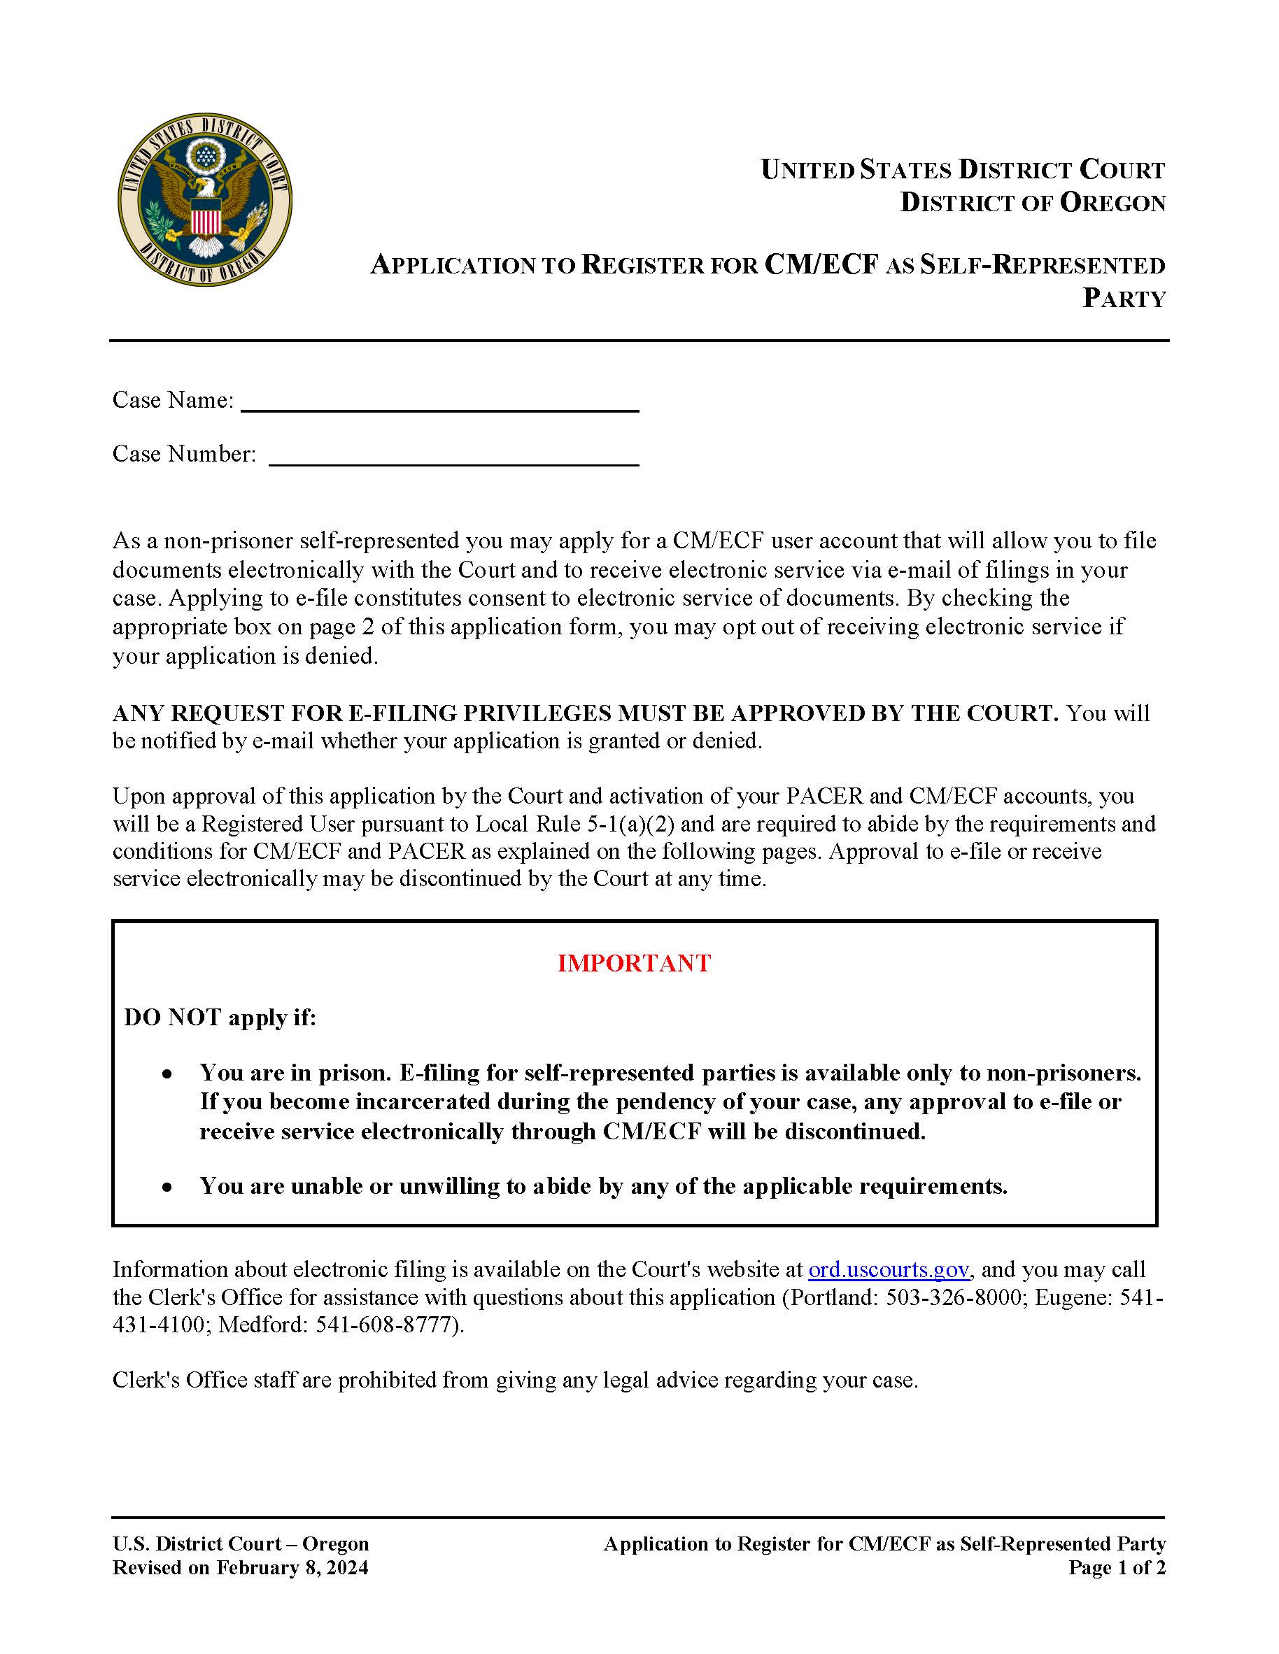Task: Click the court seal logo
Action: (204, 200)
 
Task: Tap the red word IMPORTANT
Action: (633, 963)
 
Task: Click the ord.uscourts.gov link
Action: (888, 1269)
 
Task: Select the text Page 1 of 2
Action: (1116, 1568)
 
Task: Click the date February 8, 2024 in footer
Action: (292, 1568)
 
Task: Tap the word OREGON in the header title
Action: (1112, 203)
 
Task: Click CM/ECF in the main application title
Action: (821, 264)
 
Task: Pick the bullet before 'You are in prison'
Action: (167, 1075)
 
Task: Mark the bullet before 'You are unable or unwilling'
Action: (167, 1188)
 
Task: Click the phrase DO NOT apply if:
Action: (220, 1017)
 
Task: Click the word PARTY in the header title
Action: (1123, 299)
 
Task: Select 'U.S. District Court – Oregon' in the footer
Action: (240, 1544)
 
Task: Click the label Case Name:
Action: (173, 400)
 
